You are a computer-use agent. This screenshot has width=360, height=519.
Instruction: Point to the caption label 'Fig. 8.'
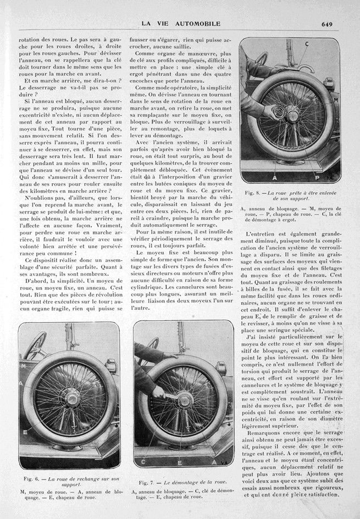coord(253,192)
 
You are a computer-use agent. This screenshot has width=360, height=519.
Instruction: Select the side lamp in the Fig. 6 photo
coord(109,367)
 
